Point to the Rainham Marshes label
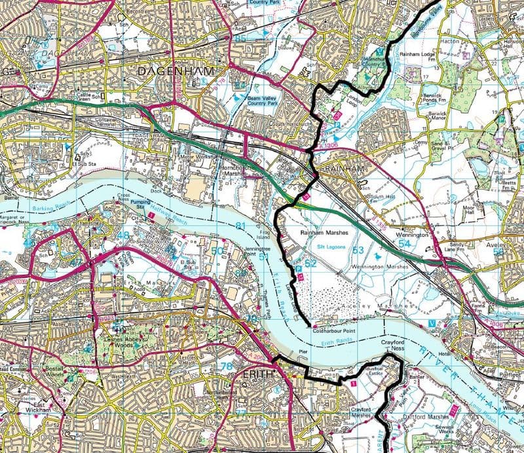click(x=322, y=232)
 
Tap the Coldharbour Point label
click(x=338, y=330)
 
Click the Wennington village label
click(x=411, y=233)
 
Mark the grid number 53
click(x=358, y=250)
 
